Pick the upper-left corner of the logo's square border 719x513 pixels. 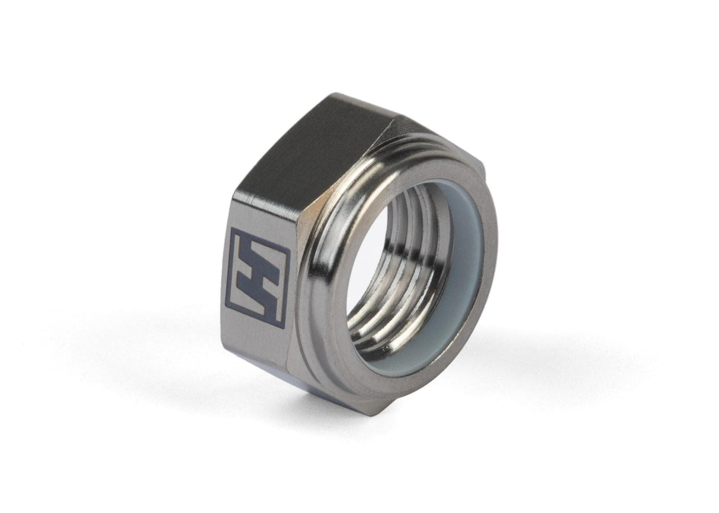[232, 230]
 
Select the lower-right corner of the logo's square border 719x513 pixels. [283, 325]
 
